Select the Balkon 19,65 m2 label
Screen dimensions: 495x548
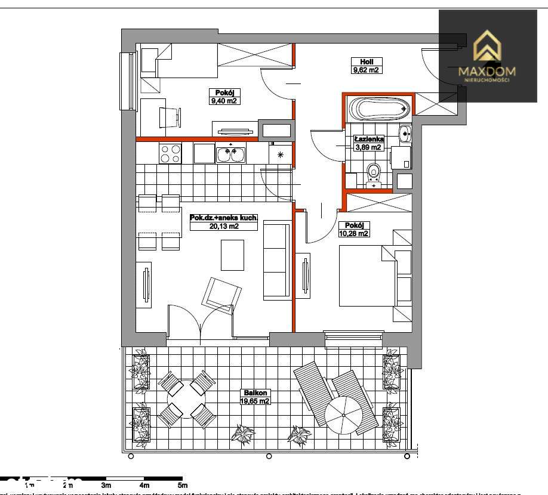(255, 397)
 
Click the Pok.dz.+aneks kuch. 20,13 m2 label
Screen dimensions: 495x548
(223, 222)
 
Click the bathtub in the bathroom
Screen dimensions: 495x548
(380, 109)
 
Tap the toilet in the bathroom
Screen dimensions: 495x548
(374, 174)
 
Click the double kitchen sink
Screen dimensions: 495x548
(230, 154)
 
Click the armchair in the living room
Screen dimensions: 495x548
(221, 294)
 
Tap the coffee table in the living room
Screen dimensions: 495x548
(232, 255)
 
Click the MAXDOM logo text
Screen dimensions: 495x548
(487, 72)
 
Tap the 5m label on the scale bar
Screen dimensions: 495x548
(183, 485)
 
